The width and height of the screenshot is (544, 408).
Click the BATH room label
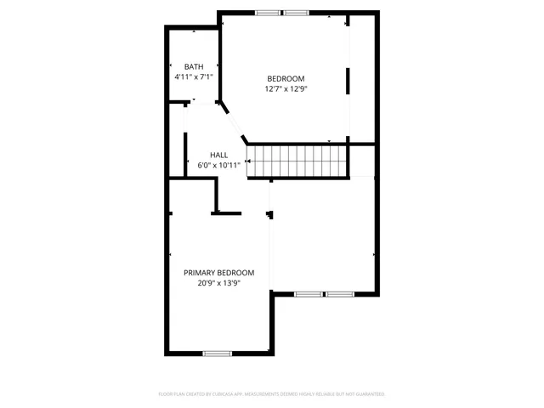tap(194, 67)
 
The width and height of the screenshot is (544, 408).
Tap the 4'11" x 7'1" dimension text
tap(194, 76)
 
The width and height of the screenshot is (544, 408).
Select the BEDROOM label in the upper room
tap(286, 78)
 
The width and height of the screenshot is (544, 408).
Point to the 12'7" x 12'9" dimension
tap(286, 88)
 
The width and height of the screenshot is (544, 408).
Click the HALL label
tap(218, 155)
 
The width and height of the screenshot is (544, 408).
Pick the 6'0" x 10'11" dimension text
tap(218, 164)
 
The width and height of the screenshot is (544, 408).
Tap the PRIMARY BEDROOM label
tap(218, 273)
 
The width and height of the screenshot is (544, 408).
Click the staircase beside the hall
tap(297, 161)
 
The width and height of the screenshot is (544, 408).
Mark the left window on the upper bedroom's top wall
tap(268, 13)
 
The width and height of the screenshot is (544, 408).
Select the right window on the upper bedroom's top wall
tap(296, 13)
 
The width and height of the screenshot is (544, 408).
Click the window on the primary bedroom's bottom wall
tap(217, 353)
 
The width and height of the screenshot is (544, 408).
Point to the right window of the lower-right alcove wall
tap(340, 294)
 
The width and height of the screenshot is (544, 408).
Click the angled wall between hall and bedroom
tap(233, 122)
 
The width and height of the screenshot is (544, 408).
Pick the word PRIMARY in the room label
tap(200, 273)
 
